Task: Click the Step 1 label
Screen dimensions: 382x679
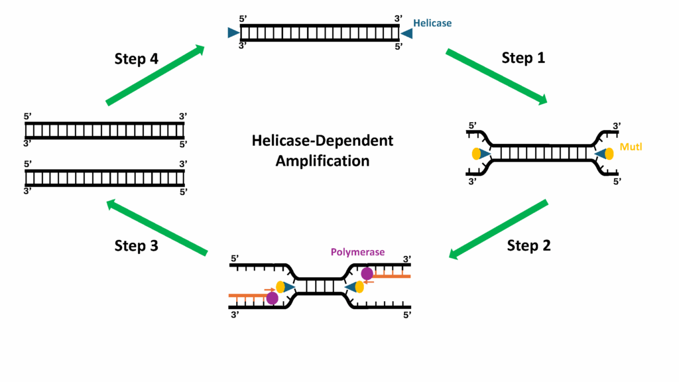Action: click(523, 58)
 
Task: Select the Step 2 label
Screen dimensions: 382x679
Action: click(528, 245)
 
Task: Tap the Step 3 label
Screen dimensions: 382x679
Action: click(136, 245)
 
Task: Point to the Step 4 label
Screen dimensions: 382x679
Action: click(136, 59)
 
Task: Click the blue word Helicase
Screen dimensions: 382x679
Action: click(432, 23)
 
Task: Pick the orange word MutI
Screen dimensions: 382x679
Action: click(629, 146)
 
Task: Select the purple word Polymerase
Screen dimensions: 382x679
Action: click(357, 253)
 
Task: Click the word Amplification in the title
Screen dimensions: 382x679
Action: click(322, 160)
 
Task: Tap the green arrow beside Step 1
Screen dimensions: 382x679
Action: click(496, 76)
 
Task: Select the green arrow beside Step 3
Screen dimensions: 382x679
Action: click(157, 227)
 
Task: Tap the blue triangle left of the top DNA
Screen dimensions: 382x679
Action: click(232, 33)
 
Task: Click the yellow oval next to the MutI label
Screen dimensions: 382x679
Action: click(609, 154)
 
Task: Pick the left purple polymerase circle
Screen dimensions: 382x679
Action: click(271, 298)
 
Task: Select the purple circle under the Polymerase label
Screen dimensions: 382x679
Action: click(367, 273)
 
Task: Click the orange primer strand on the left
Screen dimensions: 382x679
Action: click(249, 295)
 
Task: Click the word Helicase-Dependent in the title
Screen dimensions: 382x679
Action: click(322, 141)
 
